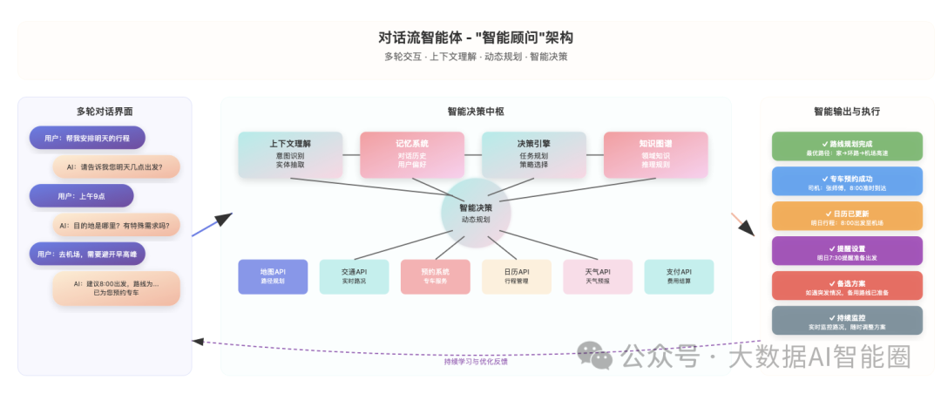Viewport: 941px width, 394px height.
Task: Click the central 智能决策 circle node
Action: (x=476, y=213)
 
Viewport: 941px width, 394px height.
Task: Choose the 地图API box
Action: (x=273, y=276)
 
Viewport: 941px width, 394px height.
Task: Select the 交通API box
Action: (x=354, y=276)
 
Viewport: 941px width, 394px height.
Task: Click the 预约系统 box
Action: (x=435, y=276)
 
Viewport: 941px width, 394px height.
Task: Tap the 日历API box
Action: (x=517, y=276)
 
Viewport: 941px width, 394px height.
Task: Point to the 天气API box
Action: (x=598, y=276)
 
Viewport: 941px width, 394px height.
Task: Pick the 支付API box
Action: (x=679, y=276)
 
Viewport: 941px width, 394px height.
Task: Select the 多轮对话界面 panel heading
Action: (x=105, y=112)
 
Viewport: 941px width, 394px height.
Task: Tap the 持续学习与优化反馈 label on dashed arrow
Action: (x=476, y=361)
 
